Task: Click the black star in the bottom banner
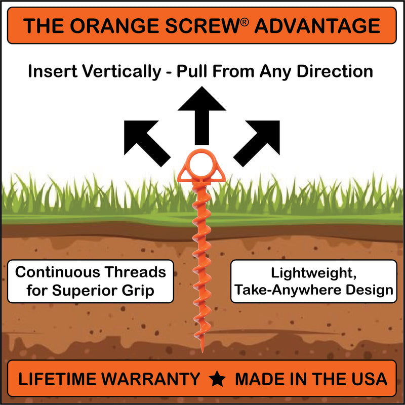tap(217, 379)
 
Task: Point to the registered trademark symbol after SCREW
tap(244, 22)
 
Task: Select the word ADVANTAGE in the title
tap(317, 26)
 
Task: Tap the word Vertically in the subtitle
tap(121, 71)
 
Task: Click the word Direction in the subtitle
tap(335, 71)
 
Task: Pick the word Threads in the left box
tap(135, 272)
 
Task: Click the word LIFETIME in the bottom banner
tap(58, 379)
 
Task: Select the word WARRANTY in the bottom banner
tap(150, 379)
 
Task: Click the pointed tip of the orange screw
tap(202, 352)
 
